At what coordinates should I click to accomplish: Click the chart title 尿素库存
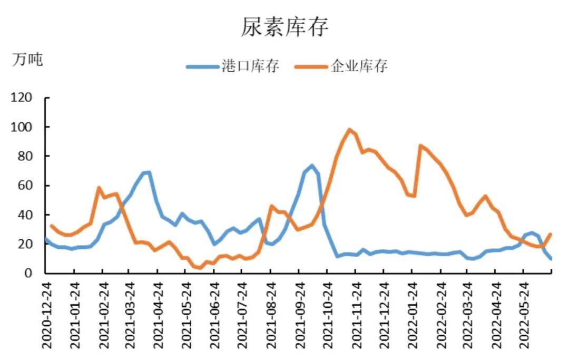tap(284, 26)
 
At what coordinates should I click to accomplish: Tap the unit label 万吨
tap(27, 60)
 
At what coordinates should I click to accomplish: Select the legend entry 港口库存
tap(250, 66)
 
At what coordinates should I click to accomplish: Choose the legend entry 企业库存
tap(359, 66)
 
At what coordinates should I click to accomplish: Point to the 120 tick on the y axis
tap(22, 98)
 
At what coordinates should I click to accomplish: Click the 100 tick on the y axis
tap(22, 127)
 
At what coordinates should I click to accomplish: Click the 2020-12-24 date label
tap(47, 314)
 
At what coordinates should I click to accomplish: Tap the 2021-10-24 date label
tap(327, 314)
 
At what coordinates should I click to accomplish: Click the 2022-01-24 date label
tap(411, 314)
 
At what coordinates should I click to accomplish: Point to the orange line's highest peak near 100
tap(349, 129)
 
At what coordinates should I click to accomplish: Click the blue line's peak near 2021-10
tap(312, 166)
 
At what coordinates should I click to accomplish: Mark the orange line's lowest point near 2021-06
tap(200, 268)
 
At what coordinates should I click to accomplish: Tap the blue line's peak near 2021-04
tap(149, 172)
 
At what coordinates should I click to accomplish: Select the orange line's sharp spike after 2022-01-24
tap(420, 145)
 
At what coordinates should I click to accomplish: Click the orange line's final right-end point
tap(551, 234)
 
